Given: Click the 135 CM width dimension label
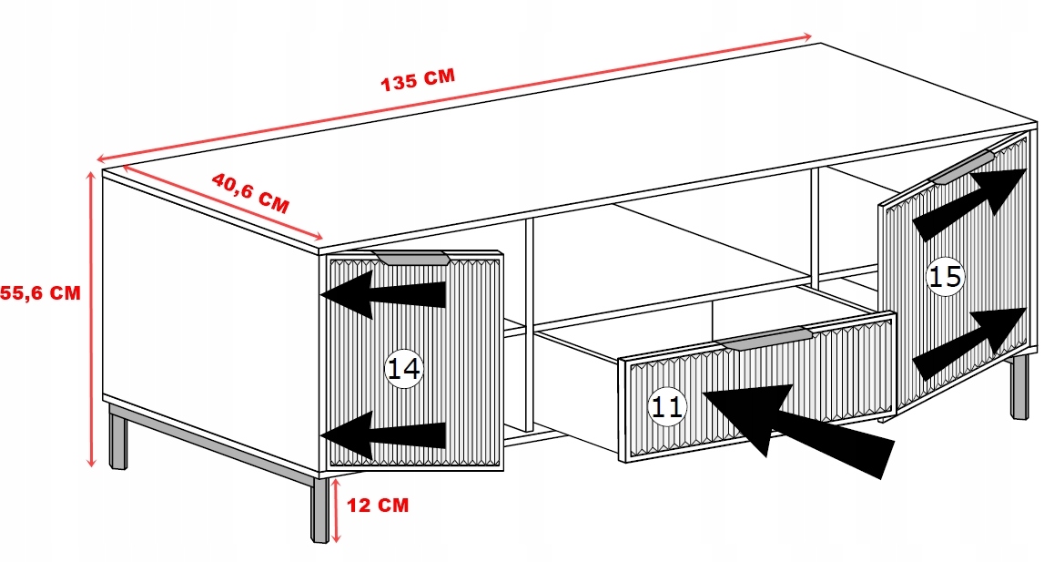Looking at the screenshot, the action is (x=417, y=80).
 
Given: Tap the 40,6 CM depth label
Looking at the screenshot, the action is (x=250, y=192).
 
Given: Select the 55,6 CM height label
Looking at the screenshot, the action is (x=40, y=292).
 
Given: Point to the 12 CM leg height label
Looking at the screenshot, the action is (x=378, y=504).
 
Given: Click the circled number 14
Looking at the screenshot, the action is (x=404, y=369).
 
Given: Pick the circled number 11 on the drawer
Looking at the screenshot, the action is (x=667, y=407).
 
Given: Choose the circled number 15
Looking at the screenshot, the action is (x=946, y=275).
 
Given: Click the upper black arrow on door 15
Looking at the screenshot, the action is (x=970, y=202).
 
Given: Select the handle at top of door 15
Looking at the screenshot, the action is (x=962, y=169).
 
